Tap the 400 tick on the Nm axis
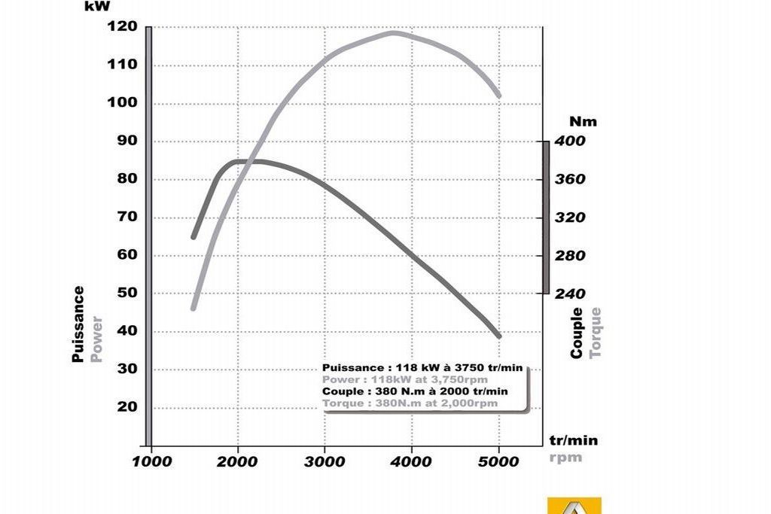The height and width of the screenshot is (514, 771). pos(570,141)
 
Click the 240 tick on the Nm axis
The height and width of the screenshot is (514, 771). pos(570,293)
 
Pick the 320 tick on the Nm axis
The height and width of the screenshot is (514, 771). pos(570,217)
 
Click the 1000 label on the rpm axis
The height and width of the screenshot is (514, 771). pos(151,461)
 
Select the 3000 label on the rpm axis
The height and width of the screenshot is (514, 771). pos(325,461)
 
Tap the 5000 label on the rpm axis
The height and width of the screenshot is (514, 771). pos(498,461)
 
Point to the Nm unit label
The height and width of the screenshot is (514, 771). pos(583,121)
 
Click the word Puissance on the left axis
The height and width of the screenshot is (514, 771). pos(78,324)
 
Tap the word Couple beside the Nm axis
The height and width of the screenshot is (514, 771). pos(577,333)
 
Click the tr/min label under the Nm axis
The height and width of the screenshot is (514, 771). pos(573,440)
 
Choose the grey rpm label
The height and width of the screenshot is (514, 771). pos(565,457)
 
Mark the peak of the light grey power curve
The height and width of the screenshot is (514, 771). pos(393,32)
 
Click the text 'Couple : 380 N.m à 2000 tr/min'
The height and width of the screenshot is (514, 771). pos(415,391)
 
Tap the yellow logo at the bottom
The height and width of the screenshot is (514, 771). pos(574,506)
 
